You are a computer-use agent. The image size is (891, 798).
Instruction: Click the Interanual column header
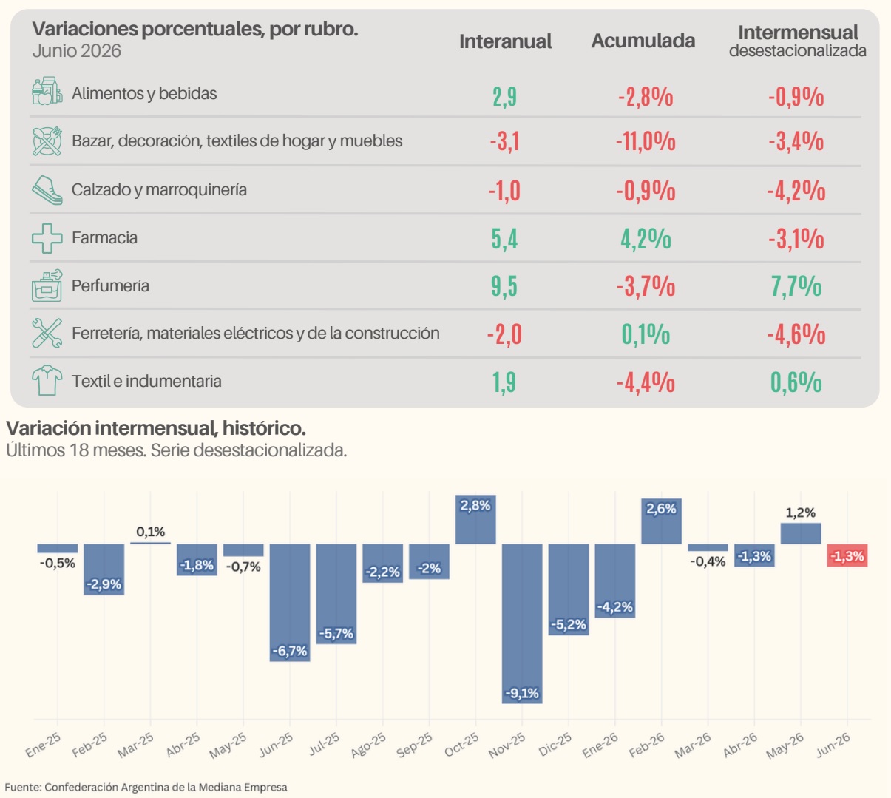coord(505,41)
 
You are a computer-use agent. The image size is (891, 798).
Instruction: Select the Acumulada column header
coord(643,41)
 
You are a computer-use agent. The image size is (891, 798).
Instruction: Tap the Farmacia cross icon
coord(47,238)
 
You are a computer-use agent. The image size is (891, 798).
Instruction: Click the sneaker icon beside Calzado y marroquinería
coord(47,190)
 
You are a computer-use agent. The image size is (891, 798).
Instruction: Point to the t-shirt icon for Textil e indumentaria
coord(47,381)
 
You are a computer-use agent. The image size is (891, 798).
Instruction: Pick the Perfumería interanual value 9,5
coord(504,286)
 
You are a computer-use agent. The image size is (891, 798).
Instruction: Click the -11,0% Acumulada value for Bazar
coord(646,142)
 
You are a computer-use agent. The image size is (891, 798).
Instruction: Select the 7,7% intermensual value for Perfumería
coord(796,286)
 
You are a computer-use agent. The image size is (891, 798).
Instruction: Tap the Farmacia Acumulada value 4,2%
coord(646,239)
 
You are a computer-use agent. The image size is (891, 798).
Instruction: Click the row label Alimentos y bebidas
coord(144,94)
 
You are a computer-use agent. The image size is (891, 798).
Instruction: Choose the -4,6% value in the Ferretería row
coord(796,334)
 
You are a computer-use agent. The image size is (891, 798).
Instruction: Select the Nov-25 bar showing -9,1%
coord(522,623)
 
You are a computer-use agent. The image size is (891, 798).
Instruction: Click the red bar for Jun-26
coord(847,555)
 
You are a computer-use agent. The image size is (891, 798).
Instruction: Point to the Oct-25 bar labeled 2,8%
coord(475,519)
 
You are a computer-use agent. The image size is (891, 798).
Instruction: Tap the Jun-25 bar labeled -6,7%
coord(290,603)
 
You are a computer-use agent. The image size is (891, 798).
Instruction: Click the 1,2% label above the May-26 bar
coord(800,513)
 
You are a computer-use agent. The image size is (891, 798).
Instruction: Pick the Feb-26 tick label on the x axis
coord(646,745)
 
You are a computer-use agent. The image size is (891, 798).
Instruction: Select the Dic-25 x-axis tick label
coord(555,744)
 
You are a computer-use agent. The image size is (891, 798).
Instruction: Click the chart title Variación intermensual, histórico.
coord(156,428)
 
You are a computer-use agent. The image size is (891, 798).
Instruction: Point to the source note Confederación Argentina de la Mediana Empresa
coord(166,787)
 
